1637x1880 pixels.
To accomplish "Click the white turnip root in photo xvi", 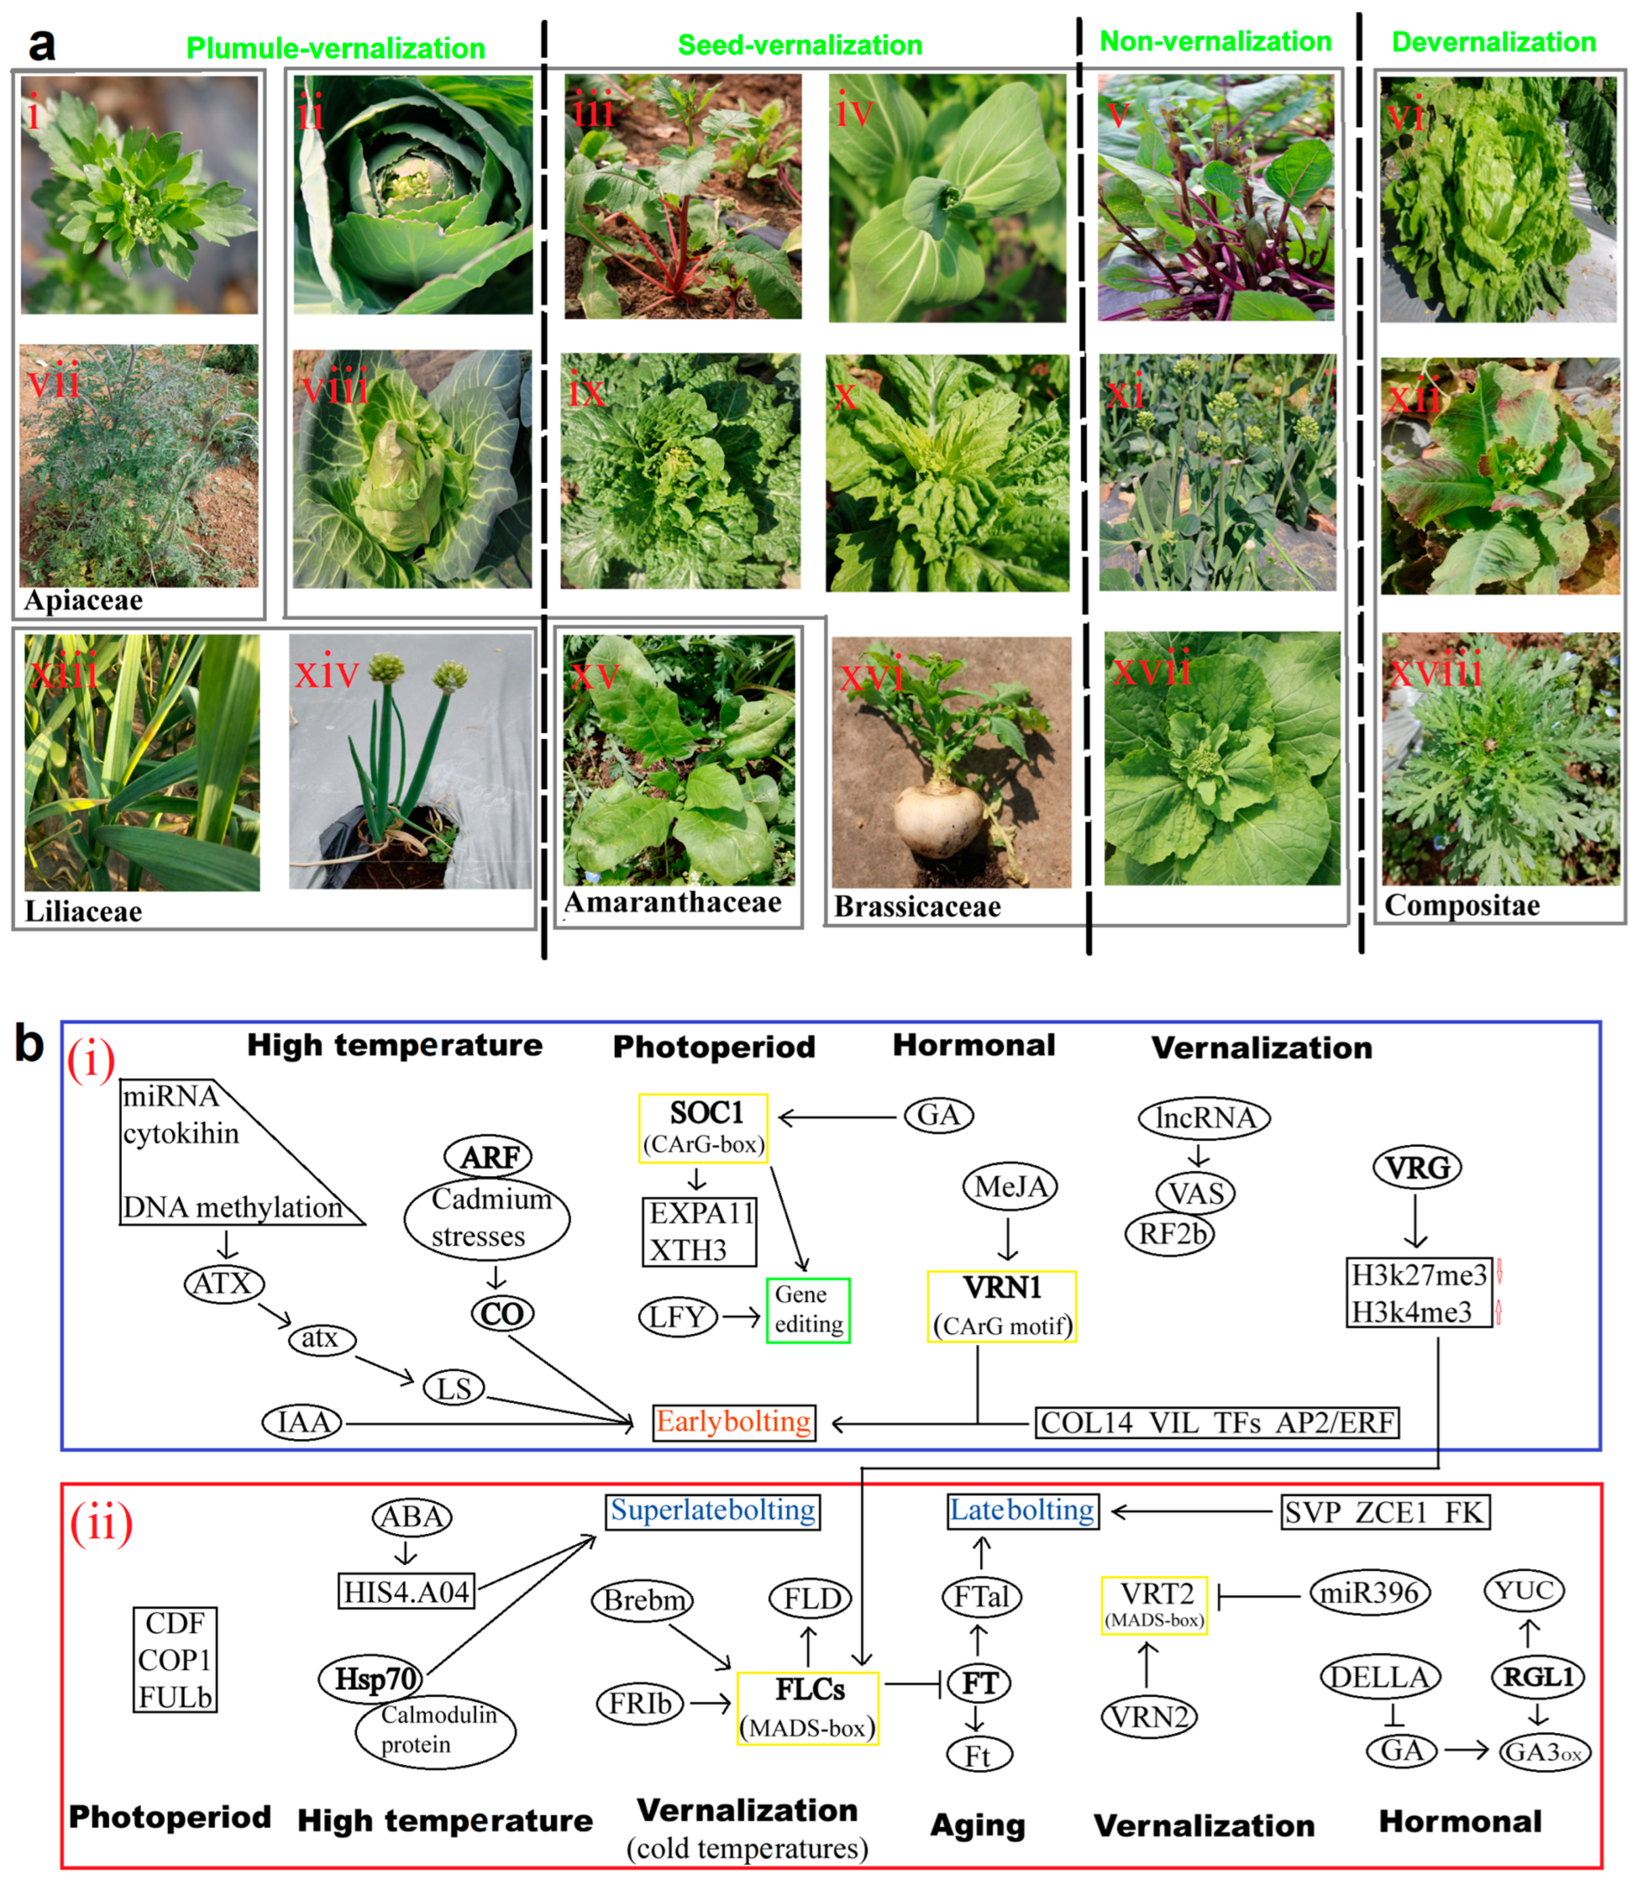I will click(x=938, y=818).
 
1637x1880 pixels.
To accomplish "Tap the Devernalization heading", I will click(x=1493, y=42).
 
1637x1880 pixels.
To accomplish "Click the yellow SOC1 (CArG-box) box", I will click(x=704, y=1128).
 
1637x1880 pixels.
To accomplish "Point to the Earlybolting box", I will click(x=733, y=1422).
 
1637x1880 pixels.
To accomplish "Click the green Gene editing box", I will click(x=809, y=1310).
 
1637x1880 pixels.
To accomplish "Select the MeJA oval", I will click(x=1010, y=1186).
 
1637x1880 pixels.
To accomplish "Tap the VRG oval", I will click(x=1417, y=1167).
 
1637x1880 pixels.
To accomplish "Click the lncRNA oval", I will click(x=1204, y=1117).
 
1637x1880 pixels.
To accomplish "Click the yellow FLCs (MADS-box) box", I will click(x=809, y=1709).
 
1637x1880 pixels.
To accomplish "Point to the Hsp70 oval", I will click(x=372, y=1678).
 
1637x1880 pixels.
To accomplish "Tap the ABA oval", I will click(x=412, y=1517).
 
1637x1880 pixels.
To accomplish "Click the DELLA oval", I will click(x=1380, y=1676).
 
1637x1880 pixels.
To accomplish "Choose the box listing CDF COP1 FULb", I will click(x=176, y=1660).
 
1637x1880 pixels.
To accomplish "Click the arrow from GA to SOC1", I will click(x=836, y=1116).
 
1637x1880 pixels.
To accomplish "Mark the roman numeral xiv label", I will click(x=327, y=674).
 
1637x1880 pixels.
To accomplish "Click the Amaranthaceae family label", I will click(x=673, y=902).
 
